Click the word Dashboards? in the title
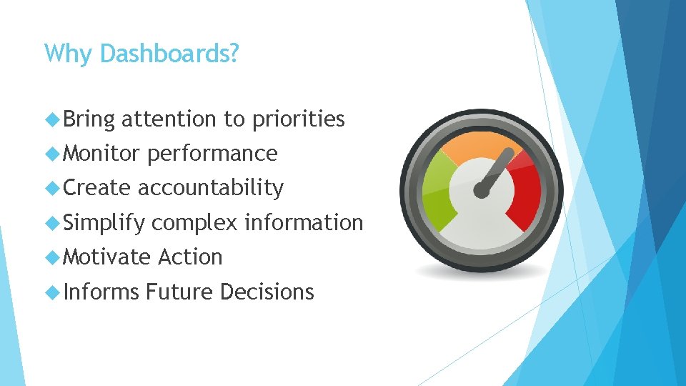tap(169, 54)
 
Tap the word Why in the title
tap(69, 54)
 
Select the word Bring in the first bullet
tap(89, 119)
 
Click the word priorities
tap(299, 119)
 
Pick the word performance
tap(212, 154)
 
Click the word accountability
tap(211, 187)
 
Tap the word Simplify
tap(104, 223)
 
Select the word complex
tap(194, 223)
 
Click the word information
tap(304, 222)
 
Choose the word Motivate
tap(106, 257)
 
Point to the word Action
tap(191, 257)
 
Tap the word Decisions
tap(267, 292)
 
